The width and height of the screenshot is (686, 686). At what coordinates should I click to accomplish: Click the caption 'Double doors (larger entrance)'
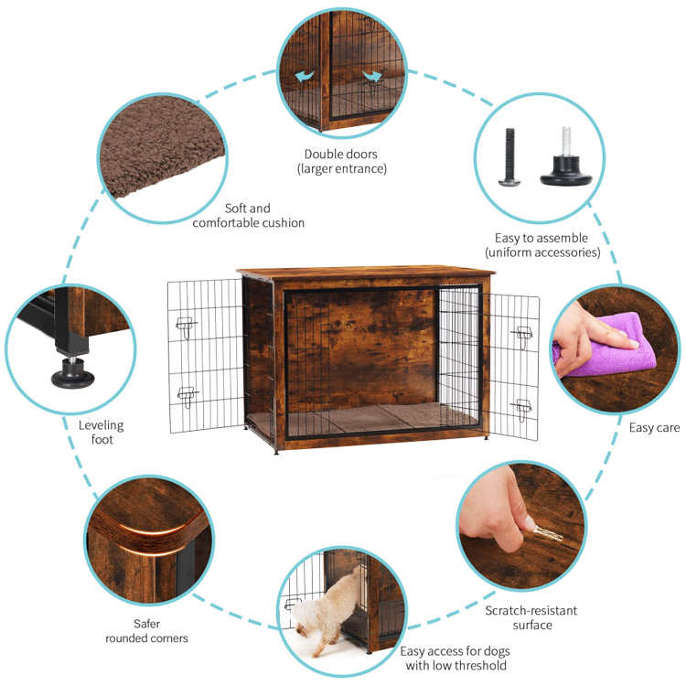pos(341,161)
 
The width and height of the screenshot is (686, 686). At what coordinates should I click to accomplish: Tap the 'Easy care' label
pos(654,427)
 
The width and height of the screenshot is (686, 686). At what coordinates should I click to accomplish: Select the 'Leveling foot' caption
pos(101,432)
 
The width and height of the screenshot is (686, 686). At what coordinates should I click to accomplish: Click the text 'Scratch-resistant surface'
pos(531,617)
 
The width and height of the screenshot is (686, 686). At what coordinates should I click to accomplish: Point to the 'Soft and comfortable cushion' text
pos(248,215)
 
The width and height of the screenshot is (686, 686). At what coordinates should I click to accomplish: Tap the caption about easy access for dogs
pos(455,658)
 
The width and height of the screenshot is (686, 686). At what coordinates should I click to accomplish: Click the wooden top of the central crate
pos(366,274)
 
